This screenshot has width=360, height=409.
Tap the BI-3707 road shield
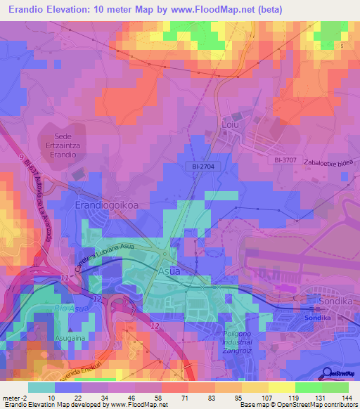[288, 161]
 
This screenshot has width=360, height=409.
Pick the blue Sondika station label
[317, 318]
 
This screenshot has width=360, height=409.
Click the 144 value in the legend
[347, 398]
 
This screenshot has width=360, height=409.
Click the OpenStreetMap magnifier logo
[328, 375]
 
